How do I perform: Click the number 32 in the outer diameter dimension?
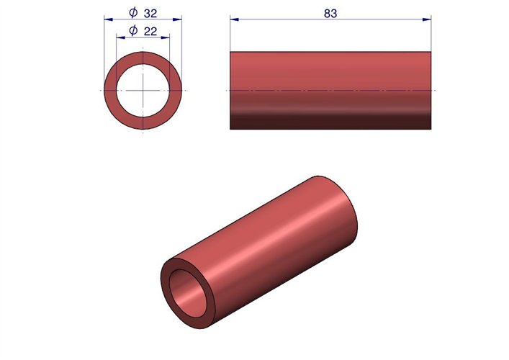pos(150,13)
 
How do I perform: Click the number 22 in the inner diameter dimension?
pos(150,32)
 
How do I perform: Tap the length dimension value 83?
pos(330,13)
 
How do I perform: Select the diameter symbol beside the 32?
pos(133,13)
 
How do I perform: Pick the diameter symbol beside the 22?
pos(133,31)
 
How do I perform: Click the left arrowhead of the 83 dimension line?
pos(235,19)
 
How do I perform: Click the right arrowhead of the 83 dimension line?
pos(427,19)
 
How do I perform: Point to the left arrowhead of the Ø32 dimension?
pos(109,19)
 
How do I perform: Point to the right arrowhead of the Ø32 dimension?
pos(177,19)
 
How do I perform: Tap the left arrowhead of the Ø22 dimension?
pos(121,37)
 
